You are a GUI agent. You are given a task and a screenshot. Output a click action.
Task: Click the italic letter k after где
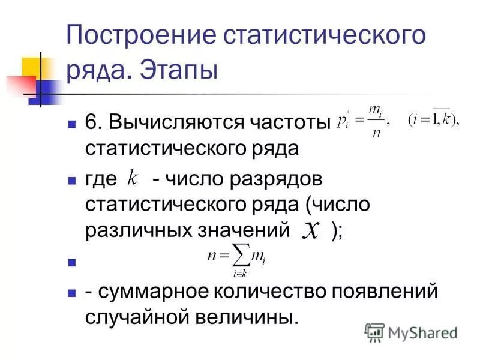coord(133,178)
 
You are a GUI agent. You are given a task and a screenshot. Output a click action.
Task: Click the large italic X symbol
coord(310,230)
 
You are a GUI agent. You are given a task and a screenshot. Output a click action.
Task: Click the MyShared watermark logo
coord(411,332)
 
